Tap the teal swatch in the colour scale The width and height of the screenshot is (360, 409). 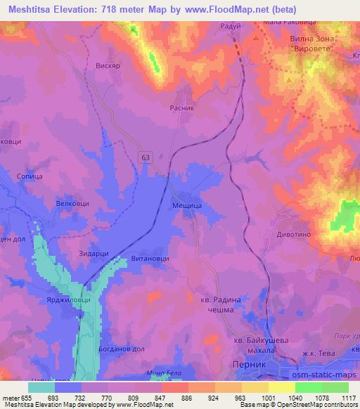(x=41, y=387)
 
